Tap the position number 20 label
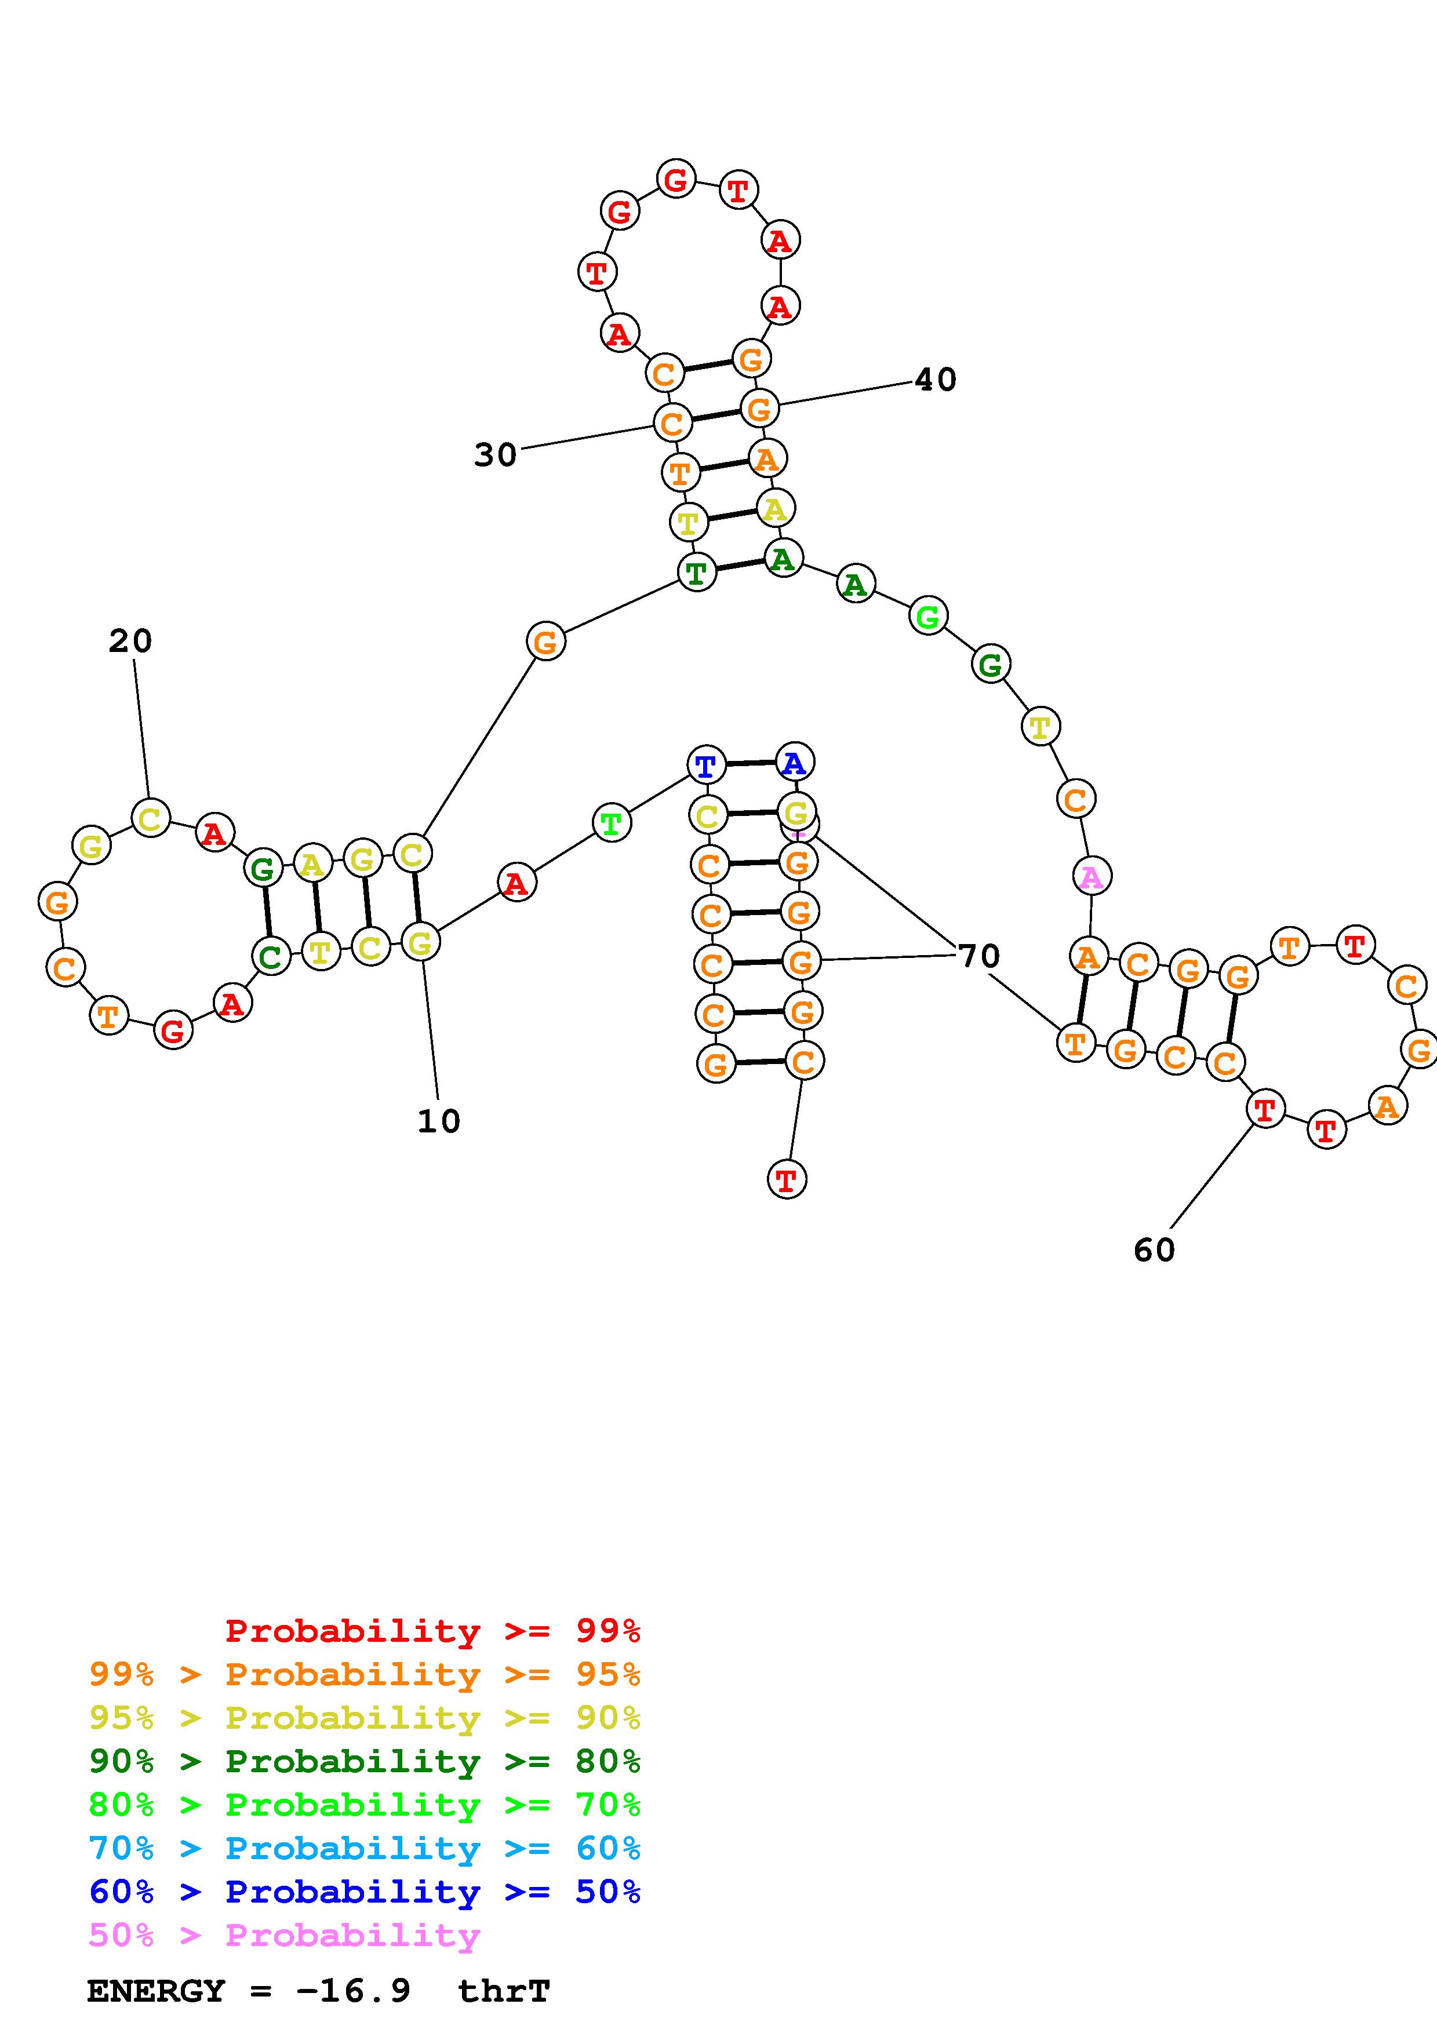[x=130, y=641]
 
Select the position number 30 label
[x=496, y=454]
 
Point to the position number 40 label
[x=935, y=380]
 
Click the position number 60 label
[x=1155, y=1249]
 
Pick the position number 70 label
[x=979, y=956]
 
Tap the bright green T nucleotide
[x=611, y=824]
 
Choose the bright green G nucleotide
[x=928, y=615]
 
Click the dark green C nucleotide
[x=271, y=956]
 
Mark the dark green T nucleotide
[x=697, y=572]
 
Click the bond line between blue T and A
[x=751, y=763]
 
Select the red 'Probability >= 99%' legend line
[x=433, y=1631]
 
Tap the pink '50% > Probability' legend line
[x=284, y=1936]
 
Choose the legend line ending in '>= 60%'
[x=365, y=1849]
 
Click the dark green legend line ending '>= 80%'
[x=365, y=1762]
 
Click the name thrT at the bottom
[x=504, y=1991]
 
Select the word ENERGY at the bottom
[x=156, y=1991]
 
